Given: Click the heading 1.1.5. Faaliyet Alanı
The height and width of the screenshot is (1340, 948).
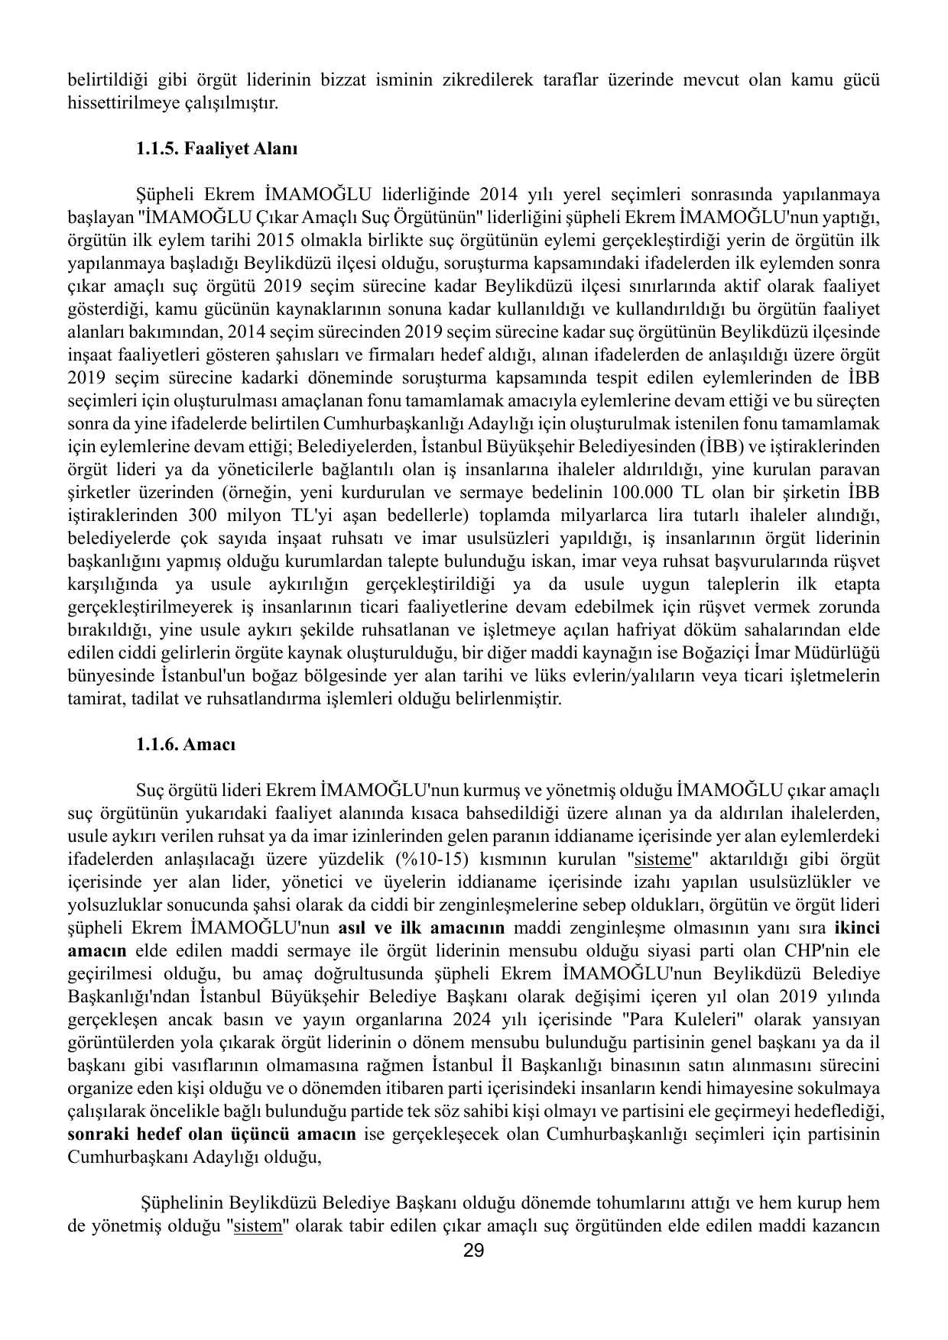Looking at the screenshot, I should coord(216,148).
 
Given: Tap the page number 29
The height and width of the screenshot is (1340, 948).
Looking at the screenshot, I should coord(474,1251).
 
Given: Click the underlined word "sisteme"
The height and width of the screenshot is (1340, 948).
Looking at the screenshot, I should coord(664,859).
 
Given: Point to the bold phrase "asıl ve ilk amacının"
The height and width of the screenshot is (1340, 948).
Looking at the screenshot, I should coord(421,927).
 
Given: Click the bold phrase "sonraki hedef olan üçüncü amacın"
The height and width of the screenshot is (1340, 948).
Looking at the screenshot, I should coord(212,1134).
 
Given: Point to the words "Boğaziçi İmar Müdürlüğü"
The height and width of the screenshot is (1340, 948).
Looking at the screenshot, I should coord(784,652).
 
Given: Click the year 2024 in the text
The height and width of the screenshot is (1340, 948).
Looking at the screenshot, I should coord(472,1019).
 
